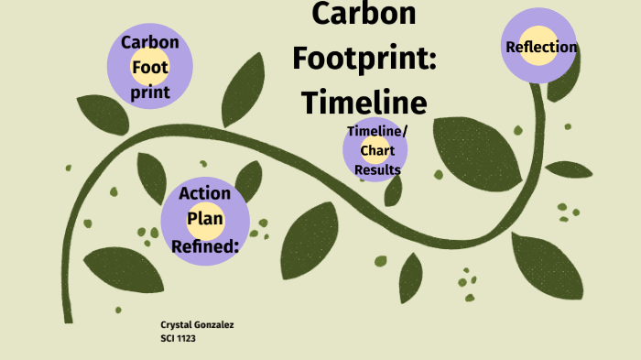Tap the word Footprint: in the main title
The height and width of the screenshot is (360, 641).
pos(364,56)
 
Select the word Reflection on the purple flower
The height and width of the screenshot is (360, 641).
pos(541,47)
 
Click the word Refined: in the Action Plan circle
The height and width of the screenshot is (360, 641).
pos(205,245)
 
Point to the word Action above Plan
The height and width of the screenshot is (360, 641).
pos(205,193)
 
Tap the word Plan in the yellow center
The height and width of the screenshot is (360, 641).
pos(205,219)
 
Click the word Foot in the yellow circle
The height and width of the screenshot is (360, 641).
pos(150,67)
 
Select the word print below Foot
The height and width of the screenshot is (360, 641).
pos(150,93)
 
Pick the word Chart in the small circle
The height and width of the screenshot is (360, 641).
pos(376,150)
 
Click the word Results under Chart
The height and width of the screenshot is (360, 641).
pos(376,169)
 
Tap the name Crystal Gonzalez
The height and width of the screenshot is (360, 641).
pos(197,325)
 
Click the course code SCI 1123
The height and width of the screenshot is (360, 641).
pos(179,338)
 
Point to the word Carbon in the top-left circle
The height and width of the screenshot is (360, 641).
pos(150,42)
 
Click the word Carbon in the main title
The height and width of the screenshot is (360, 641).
pos(364,14)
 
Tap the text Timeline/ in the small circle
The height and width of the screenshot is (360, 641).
pos(376,131)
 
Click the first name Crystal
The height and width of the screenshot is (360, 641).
pos(176,325)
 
